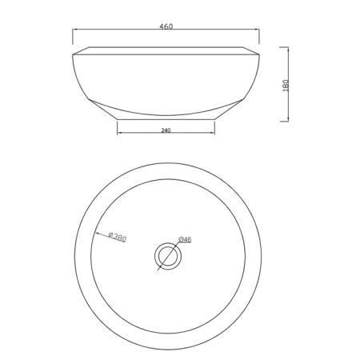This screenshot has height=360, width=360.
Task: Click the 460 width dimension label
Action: click(x=166, y=26)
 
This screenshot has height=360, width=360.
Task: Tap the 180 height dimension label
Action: click(x=286, y=86)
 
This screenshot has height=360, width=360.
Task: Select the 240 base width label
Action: click(x=166, y=130)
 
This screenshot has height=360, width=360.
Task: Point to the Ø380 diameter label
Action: click(x=118, y=237)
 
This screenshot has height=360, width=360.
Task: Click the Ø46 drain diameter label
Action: click(x=185, y=239)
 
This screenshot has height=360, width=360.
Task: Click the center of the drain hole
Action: click(x=168, y=256)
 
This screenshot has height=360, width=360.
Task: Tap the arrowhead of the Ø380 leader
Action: click(x=96, y=233)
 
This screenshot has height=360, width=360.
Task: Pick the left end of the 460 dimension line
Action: click(x=73, y=30)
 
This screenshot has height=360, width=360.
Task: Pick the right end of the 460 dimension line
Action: click(x=259, y=30)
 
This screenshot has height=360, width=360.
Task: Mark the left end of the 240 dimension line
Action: click(x=118, y=132)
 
